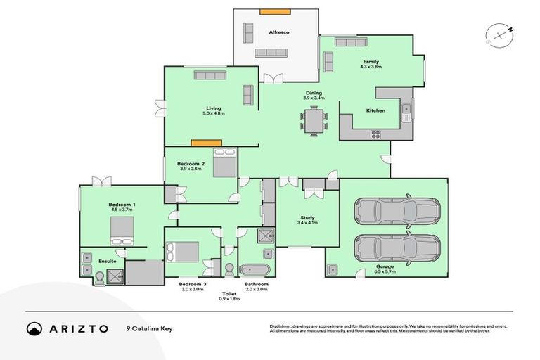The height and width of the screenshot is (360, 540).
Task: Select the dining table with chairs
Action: click(314, 121)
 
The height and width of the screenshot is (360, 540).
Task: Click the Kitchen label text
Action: click(375, 110)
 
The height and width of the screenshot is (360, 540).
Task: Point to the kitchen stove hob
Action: click(375, 134)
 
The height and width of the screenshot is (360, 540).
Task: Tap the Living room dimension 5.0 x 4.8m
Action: click(213, 113)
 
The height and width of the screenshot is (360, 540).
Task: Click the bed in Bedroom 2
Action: click(224, 162)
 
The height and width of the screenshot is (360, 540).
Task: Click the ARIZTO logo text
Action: click(77, 328)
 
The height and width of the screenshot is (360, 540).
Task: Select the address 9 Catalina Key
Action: click(150, 328)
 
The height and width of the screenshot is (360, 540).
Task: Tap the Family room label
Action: click(371, 62)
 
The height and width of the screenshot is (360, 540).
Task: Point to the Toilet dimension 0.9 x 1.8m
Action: click(229, 299)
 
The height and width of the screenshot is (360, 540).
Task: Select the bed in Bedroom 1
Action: click(120, 229)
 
